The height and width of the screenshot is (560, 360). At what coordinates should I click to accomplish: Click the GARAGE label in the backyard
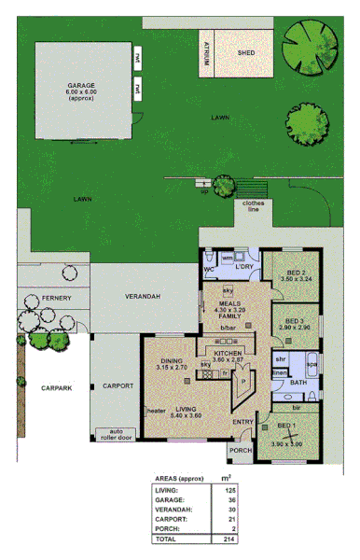80,84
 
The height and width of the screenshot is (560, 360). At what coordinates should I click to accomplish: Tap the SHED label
246,53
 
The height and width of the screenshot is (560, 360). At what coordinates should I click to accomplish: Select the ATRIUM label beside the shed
206,54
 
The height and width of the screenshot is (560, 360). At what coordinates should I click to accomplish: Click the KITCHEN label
228,354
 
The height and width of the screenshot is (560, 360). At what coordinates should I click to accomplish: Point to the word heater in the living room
156,411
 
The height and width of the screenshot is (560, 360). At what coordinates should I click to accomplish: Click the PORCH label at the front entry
240,451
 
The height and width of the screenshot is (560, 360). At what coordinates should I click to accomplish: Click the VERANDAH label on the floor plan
144,296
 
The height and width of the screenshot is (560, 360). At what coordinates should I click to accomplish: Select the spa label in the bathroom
312,363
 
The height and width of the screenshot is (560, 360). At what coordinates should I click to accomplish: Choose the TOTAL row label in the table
167,539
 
